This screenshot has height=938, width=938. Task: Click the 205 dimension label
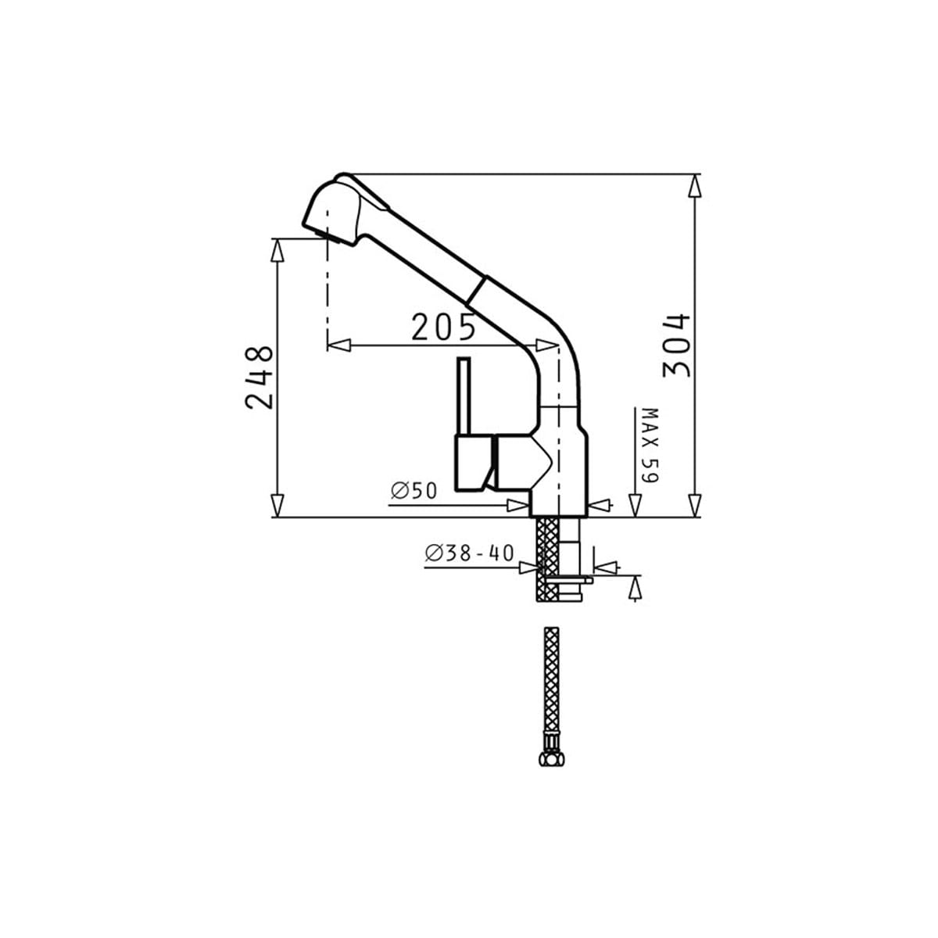(443, 328)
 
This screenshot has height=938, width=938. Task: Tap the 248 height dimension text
(259, 378)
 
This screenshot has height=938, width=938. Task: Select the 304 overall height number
(676, 345)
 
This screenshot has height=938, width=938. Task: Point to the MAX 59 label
(650, 446)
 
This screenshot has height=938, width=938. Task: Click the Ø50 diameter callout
(414, 491)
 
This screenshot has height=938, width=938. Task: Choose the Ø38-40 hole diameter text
(469, 553)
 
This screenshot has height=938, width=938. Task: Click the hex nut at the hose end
(552, 759)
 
